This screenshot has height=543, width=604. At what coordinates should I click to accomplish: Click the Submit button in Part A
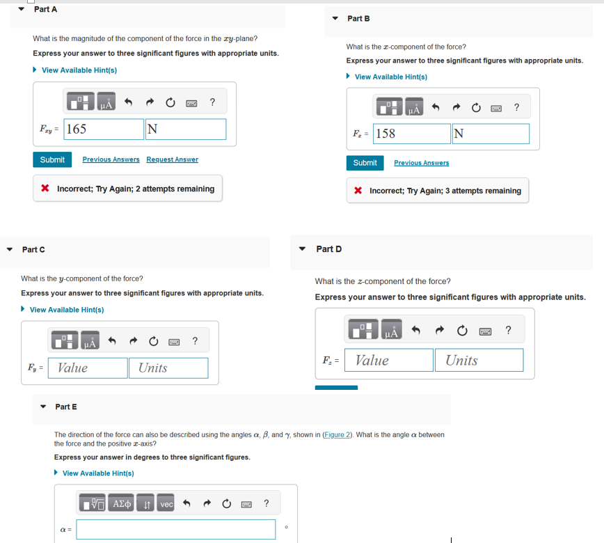(52, 160)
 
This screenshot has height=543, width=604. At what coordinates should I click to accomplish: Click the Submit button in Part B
(365, 163)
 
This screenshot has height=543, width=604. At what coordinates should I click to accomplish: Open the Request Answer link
(172, 160)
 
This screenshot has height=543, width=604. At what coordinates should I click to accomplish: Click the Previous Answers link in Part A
(111, 160)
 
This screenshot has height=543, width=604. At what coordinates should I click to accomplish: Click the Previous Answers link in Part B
(421, 163)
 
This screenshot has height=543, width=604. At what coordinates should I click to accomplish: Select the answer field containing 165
(104, 129)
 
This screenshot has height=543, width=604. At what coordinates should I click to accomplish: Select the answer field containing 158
(412, 134)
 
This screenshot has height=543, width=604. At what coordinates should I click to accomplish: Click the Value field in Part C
(88, 368)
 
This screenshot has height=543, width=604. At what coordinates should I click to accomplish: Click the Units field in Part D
(479, 360)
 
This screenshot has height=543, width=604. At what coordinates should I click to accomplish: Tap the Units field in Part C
(168, 368)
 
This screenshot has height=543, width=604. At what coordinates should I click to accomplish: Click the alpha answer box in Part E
(176, 529)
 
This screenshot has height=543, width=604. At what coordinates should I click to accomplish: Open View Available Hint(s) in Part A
(79, 70)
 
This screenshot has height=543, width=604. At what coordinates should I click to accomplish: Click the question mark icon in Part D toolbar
(508, 330)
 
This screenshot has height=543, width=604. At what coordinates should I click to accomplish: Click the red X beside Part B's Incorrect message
(357, 191)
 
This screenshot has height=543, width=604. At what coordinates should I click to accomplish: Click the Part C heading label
(33, 249)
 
